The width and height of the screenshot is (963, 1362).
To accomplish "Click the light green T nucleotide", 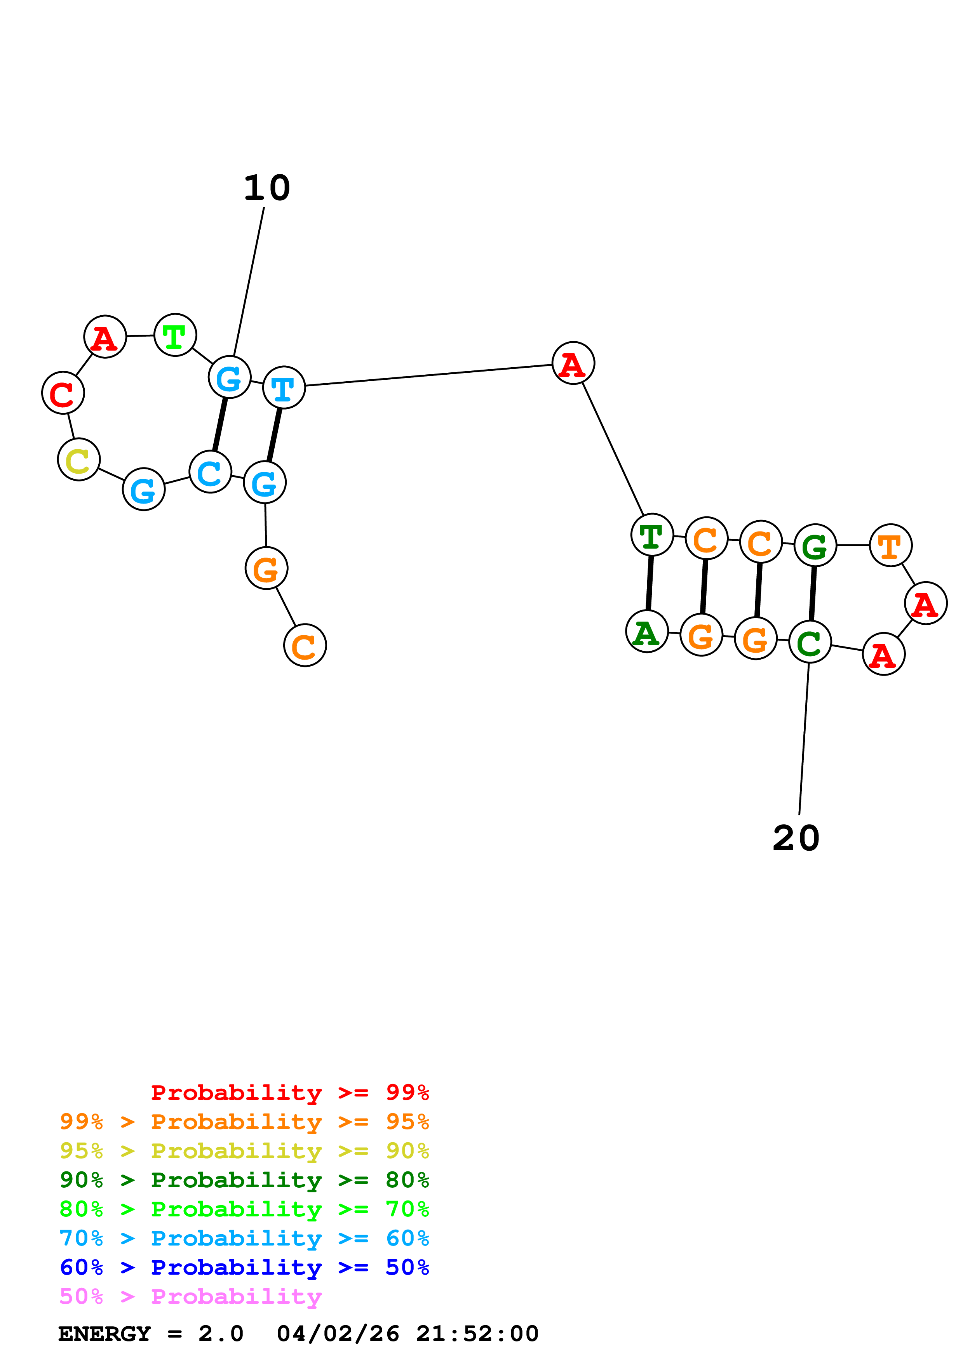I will (175, 335).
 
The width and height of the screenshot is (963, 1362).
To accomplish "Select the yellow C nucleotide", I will (79, 460).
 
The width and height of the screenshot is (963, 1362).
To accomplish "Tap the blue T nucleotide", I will (284, 387).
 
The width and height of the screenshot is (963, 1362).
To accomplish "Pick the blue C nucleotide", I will (210, 472).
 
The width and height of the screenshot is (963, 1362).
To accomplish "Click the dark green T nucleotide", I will (652, 535).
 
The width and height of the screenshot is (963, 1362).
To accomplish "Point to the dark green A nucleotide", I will (647, 631).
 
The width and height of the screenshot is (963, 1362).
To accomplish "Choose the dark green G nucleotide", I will (815, 545).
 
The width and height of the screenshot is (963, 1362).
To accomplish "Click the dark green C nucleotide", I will (810, 642).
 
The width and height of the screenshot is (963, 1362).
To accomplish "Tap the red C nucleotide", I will (63, 393).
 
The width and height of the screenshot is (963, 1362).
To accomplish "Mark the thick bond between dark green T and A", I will (650, 583).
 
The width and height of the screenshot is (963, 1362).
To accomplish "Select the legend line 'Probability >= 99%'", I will (289, 1092).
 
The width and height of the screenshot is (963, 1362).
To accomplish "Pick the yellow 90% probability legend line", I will (244, 1150).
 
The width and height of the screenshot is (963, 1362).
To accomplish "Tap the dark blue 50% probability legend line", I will (244, 1267).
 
